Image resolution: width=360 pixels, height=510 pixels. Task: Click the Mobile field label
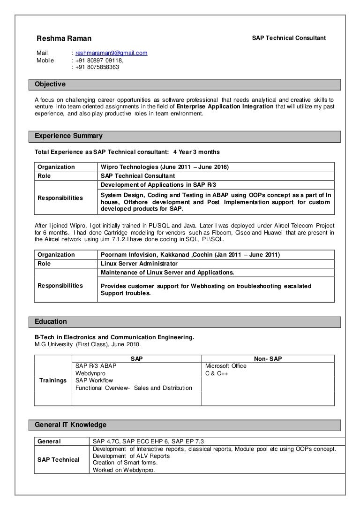(x=45, y=60)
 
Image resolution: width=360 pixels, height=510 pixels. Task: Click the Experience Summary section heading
(x=69, y=136)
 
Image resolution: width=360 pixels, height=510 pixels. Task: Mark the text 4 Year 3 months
(x=196, y=152)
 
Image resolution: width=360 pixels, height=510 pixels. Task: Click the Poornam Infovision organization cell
(x=190, y=255)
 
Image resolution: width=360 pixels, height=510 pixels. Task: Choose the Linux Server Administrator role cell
(x=139, y=264)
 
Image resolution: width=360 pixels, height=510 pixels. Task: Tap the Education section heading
(x=51, y=322)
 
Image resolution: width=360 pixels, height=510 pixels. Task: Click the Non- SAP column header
(x=268, y=359)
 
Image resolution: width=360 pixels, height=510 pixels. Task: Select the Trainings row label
(x=52, y=380)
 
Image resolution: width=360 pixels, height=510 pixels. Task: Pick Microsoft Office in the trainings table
(x=225, y=366)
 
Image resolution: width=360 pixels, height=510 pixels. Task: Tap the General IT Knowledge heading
(x=71, y=425)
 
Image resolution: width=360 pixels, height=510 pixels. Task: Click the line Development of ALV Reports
(x=131, y=456)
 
